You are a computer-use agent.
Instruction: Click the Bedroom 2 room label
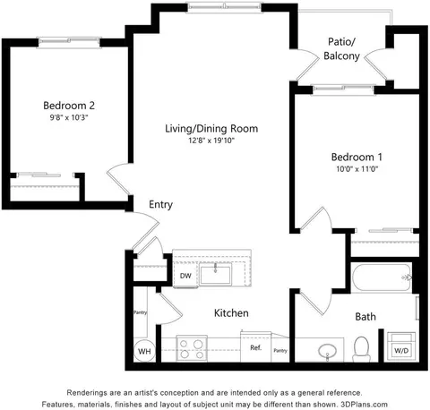69,106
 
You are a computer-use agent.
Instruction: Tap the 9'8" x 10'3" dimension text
69,117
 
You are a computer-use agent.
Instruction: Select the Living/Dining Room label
211,129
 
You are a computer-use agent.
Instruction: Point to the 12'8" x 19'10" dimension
211,141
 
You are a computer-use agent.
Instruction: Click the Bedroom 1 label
357,157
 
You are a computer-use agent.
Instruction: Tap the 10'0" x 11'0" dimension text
357,169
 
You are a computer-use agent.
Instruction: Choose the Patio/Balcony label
341,48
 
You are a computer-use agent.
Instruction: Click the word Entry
160,205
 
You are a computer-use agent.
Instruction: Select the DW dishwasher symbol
185,276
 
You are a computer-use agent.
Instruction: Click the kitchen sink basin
215,274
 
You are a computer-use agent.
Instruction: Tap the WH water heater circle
144,351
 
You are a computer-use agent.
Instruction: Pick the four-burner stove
192,349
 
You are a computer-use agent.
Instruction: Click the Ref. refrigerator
256,346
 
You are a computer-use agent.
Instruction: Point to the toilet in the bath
362,349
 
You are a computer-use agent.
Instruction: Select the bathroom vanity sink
328,351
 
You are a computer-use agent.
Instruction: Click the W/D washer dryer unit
401,346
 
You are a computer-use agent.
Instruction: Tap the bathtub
382,278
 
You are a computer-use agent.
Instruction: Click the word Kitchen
231,313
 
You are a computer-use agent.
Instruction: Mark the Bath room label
365,317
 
